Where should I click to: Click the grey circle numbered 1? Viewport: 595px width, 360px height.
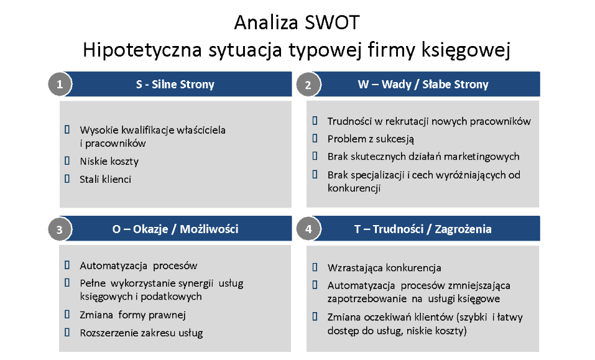(60, 84)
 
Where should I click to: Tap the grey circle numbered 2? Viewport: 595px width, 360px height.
(308, 84)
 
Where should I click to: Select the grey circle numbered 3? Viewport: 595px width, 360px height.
(60, 229)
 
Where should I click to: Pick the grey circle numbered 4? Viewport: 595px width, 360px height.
(308, 229)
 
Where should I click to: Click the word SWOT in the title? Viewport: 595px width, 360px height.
(331, 22)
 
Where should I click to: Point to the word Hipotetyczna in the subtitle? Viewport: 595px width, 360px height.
(142, 50)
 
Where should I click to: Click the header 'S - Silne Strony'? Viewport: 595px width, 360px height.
(175, 84)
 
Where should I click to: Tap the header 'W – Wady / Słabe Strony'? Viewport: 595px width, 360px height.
(423, 84)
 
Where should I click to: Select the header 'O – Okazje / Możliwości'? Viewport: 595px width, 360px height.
(175, 229)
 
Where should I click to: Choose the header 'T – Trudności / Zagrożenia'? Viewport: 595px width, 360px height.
(423, 229)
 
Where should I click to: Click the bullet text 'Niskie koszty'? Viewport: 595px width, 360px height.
(109, 162)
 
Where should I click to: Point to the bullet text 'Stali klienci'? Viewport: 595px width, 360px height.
(106, 179)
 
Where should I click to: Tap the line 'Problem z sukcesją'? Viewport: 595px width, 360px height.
(371, 139)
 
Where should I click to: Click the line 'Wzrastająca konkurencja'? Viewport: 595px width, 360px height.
(384, 268)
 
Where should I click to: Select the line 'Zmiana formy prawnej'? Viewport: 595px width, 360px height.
(133, 315)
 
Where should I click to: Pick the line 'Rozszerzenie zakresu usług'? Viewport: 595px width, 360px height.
(141, 333)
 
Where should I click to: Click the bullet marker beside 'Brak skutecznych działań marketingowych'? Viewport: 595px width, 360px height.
(315, 156)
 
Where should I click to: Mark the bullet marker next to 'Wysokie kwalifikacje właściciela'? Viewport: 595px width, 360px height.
(67, 129)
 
